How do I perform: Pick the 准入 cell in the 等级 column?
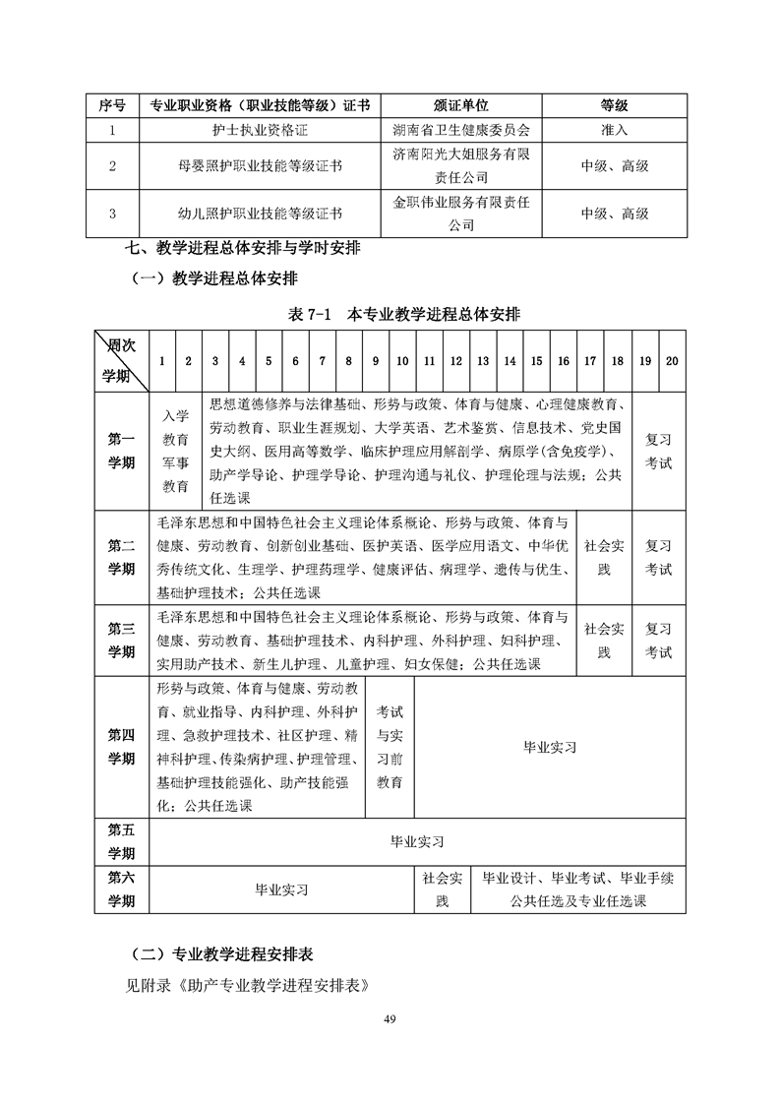(x=614, y=129)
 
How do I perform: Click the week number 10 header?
(x=402, y=361)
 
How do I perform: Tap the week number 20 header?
(x=672, y=361)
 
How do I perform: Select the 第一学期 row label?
(x=121, y=451)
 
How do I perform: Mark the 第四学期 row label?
(x=121, y=746)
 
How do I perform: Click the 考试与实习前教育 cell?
(x=390, y=746)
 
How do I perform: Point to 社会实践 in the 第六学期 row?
(x=442, y=889)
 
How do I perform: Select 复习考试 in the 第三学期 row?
(x=658, y=641)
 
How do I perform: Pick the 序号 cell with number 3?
(x=112, y=213)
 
